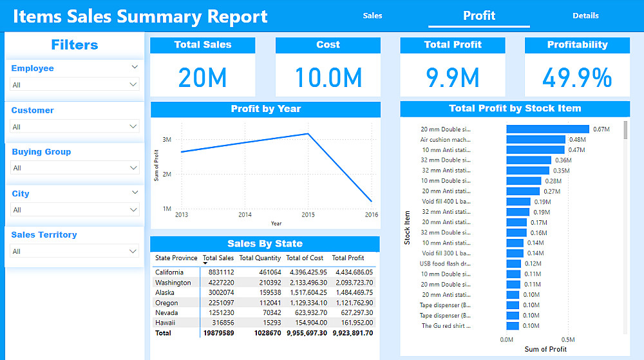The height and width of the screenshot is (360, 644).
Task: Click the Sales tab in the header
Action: pos(372,15)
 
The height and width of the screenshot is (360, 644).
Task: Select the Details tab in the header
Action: pos(585,15)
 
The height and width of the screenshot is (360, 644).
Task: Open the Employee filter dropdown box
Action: pos(75,84)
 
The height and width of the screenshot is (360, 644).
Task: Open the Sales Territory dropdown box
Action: pos(75,251)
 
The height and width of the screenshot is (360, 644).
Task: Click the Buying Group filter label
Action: pos(41,152)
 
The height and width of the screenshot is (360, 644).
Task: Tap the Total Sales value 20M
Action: pos(203,78)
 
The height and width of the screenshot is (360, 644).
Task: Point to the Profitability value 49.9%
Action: pos(577,78)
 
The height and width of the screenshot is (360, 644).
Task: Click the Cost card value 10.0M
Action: pos(328,78)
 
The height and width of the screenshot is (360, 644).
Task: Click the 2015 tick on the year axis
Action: pos(308,214)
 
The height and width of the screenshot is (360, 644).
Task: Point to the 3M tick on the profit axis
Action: pos(166,139)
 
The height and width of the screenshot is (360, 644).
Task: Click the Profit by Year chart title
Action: pos(265,109)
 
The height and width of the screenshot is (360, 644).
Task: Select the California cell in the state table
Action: pos(170,272)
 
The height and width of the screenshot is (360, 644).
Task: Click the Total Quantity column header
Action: pos(260,258)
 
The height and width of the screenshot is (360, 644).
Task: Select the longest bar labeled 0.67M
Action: pos(547,129)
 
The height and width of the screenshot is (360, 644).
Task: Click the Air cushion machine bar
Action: pos(535,140)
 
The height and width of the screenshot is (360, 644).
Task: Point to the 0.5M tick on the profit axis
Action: pos(567,339)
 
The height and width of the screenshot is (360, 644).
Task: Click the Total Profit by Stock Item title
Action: pos(515,109)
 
